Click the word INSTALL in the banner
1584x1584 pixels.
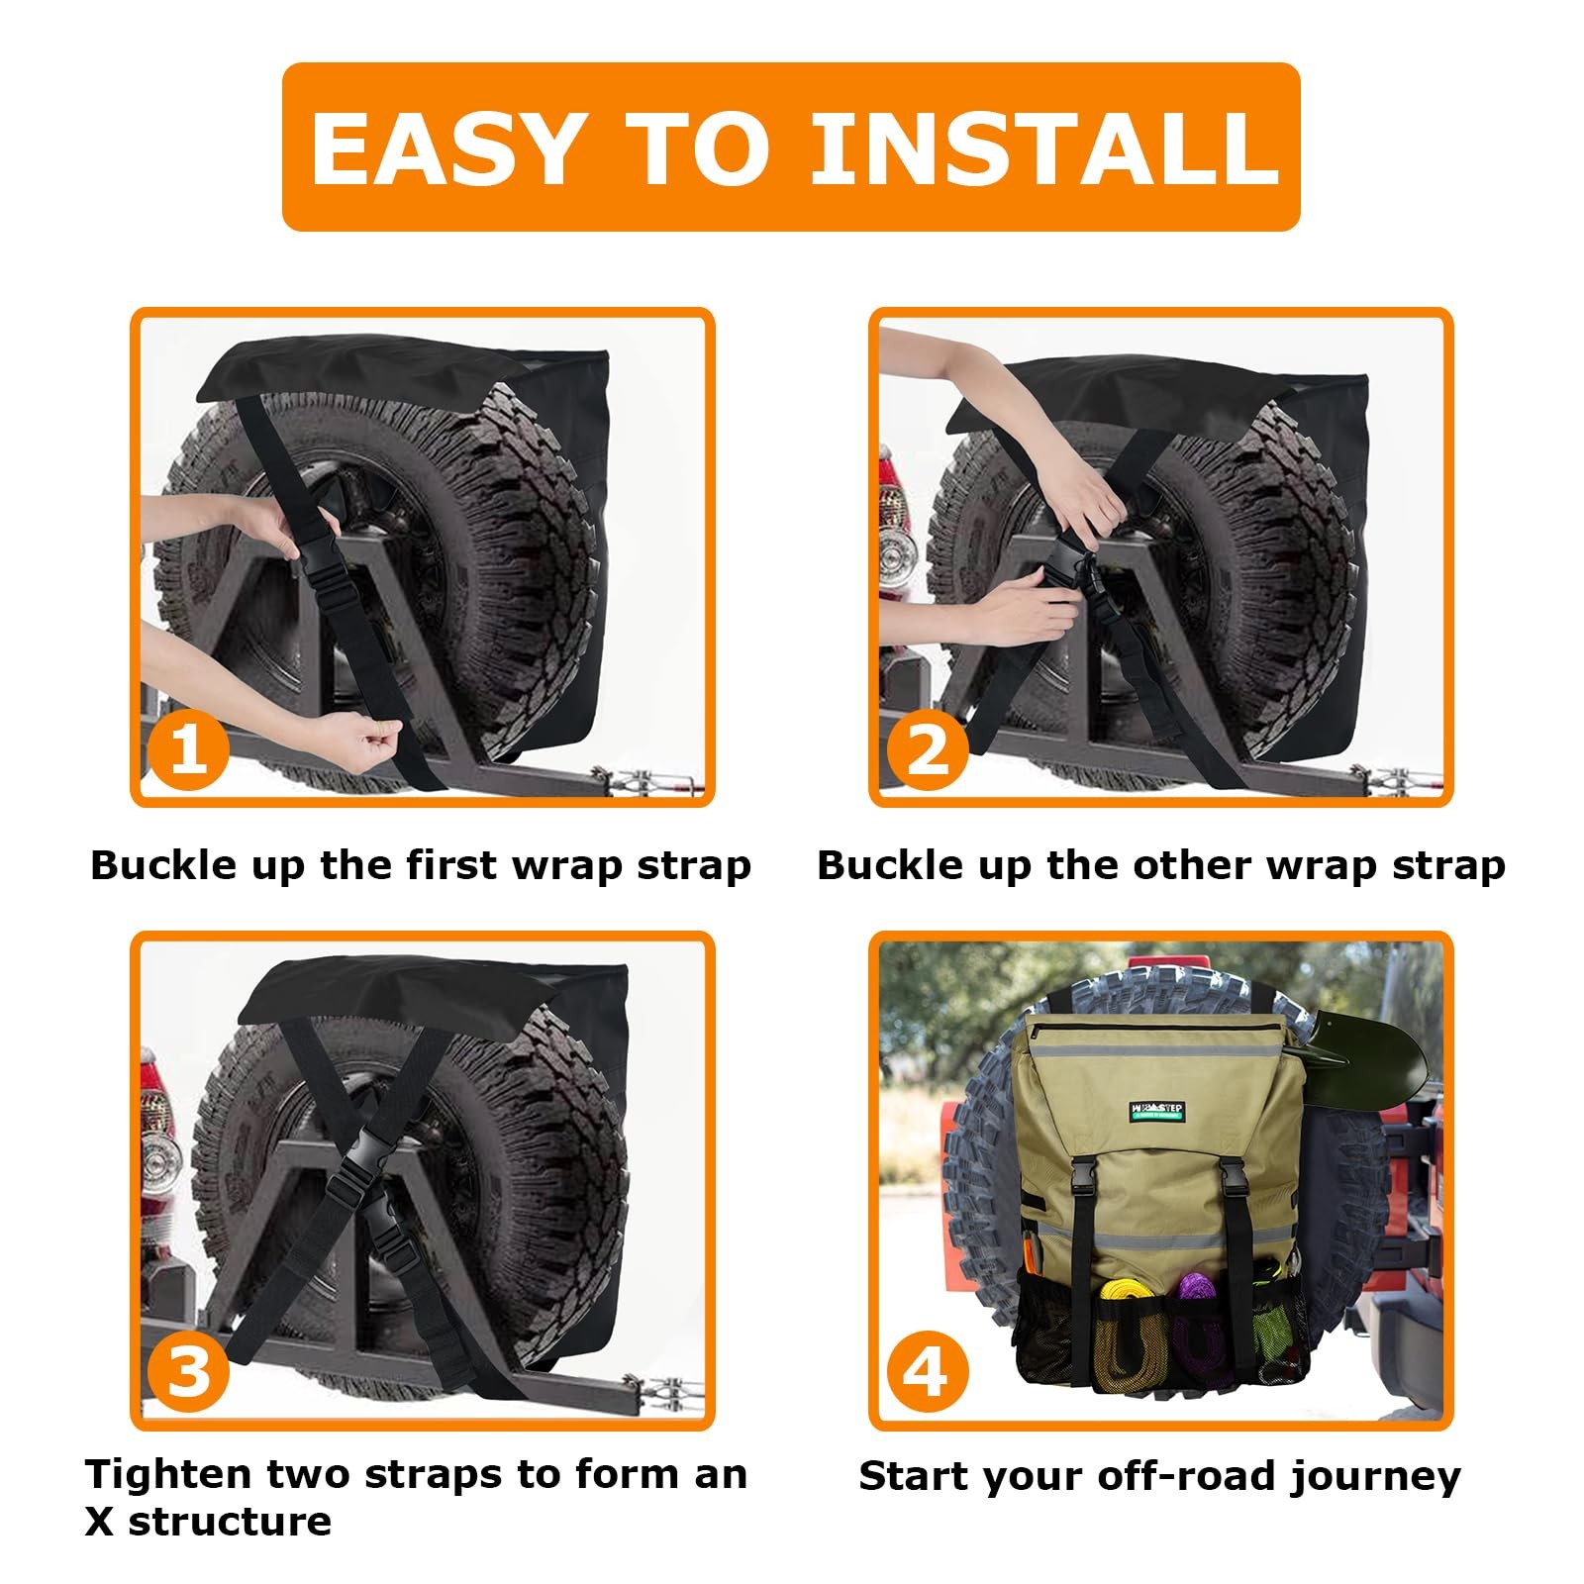[x=1044, y=148]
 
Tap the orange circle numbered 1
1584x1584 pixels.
[x=188, y=749]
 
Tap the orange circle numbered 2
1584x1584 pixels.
[x=927, y=749]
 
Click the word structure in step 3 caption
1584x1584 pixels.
[x=230, y=1522]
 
